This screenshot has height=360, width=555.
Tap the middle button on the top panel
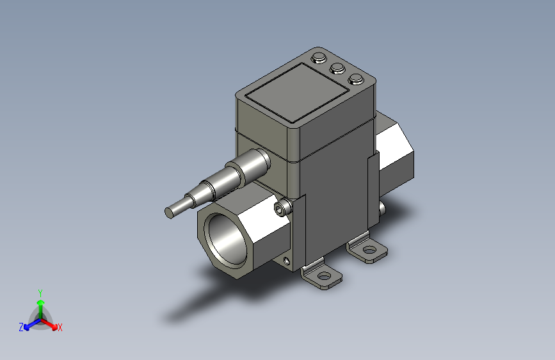(337, 68)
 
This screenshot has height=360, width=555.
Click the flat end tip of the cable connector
(170, 213)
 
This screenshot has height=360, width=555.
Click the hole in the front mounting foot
(325, 277)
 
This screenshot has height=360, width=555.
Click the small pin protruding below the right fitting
(383, 208)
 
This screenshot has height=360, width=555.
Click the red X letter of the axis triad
(60, 327)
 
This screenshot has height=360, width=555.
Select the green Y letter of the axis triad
(40, 291)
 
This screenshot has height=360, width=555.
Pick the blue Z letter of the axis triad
(21, 327)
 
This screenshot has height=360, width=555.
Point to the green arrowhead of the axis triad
(40, 302)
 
